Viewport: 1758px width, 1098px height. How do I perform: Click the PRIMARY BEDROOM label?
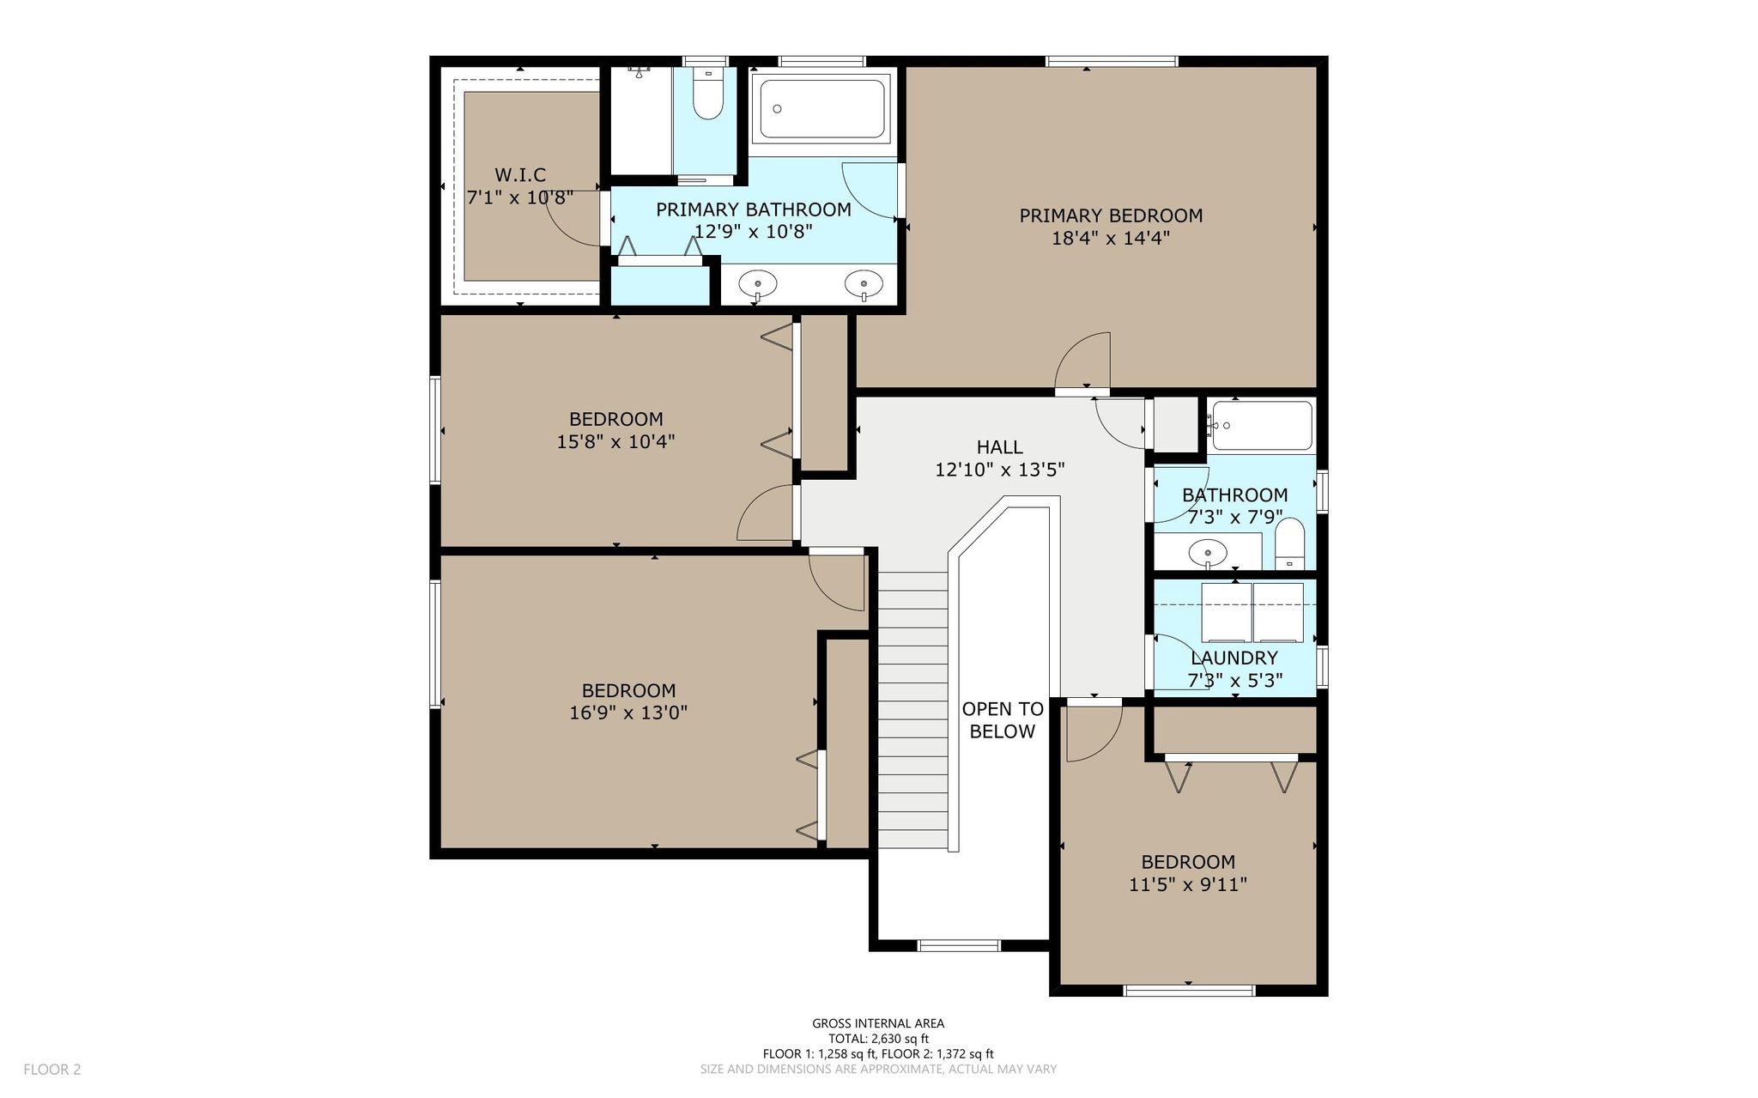click(1111, 215)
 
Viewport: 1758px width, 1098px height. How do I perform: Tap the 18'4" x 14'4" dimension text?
click(1111, 238)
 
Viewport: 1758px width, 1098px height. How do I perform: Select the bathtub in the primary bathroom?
click(822, 108)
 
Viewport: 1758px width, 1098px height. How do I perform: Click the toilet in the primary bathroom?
click(708, 94)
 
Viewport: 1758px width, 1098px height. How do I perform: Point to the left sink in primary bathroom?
click(758, 282)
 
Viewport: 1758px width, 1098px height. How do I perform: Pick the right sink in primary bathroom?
click(863, 282)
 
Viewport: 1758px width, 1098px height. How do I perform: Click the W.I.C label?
click(520, 175)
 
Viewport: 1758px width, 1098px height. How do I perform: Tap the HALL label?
click(1000, 447)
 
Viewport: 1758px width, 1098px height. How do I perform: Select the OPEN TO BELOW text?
click(1003, 720)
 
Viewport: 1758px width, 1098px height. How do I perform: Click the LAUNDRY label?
click(1234, 658)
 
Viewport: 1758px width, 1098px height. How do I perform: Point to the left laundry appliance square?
click(1226, 612)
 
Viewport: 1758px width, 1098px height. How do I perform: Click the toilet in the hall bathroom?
click(1289, 543)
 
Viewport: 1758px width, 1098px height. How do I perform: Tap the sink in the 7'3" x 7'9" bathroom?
click(1208, 551)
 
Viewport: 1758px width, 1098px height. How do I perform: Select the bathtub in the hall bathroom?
click(1260, 426)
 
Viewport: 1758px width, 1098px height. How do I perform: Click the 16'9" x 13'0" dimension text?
click(629, 713)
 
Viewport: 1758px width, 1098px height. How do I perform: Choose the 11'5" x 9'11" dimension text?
click(1188, 884)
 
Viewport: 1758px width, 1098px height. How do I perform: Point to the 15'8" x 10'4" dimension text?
click(616, 441)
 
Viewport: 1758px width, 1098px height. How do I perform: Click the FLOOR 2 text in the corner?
click(52, 1070)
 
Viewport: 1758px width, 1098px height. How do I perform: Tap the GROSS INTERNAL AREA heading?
click(878, 1023)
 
